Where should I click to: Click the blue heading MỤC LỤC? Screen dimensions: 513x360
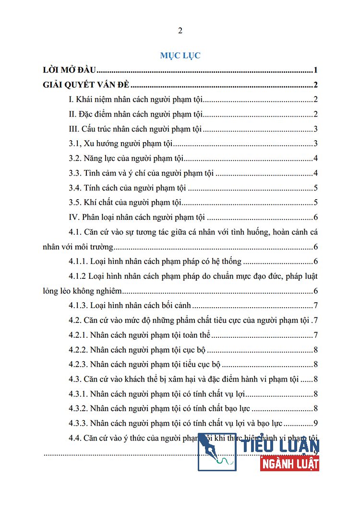(x=180, y=55)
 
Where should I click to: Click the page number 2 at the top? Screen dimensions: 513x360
(x=180, y=31)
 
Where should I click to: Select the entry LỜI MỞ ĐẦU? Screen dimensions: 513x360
(x=70, y=71)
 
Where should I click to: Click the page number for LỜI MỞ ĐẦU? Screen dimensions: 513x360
(x=316, y=71)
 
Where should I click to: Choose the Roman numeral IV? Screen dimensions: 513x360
(x=74, y=217)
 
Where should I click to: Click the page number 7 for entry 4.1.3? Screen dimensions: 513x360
(x=316, y=306)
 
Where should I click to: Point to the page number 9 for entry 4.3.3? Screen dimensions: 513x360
(x=316, y=423)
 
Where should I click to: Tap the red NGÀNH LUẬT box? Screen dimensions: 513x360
(x=290, y=464)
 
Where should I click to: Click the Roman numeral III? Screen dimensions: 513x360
(x=74, y=129)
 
